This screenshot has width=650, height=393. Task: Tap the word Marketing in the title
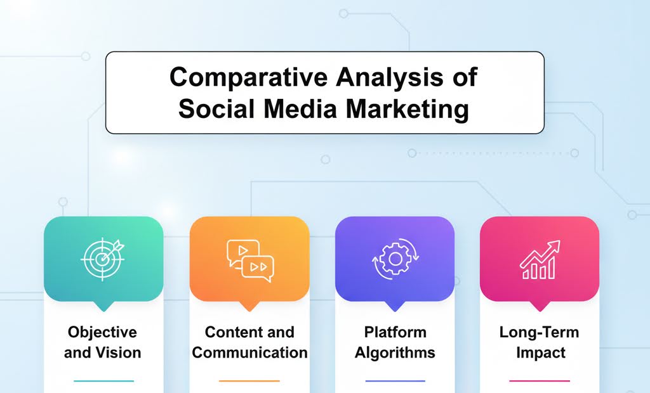pos(407,108)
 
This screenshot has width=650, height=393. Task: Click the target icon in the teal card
pos(103,258)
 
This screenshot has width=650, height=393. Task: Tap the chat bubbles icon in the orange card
pos(249,259)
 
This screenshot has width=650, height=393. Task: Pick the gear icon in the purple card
pos(394,259)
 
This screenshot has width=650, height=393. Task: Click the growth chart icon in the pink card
pos(540,259)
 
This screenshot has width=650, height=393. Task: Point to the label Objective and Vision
pos(102,342)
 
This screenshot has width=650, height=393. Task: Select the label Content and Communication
pos(249,342)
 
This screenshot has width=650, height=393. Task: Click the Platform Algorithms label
pos(394,342)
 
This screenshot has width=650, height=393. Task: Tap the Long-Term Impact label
pos(539,342)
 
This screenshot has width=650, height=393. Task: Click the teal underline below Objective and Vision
pos(103,381)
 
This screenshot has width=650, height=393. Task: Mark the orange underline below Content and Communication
pos(249,381)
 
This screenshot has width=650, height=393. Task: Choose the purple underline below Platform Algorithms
pos(395,381)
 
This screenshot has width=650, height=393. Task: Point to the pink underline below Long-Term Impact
pos(540,381)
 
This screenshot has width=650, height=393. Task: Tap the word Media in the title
pos(296,108)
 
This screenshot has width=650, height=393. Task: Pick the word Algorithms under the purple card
pos(394,352)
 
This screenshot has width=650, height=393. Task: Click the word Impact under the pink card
pos(539,352)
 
